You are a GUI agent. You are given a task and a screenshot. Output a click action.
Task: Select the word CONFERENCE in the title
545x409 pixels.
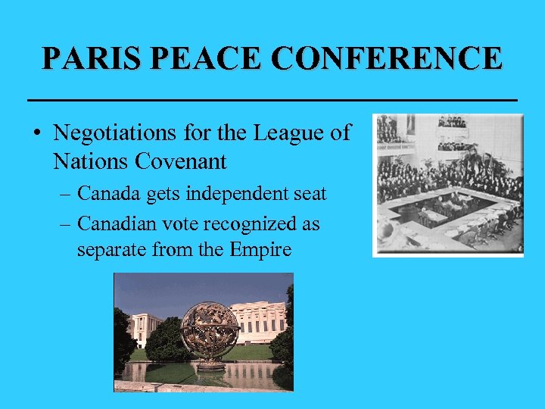click(388, 58)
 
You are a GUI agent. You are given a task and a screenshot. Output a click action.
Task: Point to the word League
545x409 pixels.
click(285, 133)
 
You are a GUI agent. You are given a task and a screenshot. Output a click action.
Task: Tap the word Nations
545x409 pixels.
click(88, 161)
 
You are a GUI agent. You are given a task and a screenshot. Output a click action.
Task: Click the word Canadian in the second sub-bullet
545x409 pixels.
click(116, 224)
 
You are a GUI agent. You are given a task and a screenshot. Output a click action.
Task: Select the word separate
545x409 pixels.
click(108, 249)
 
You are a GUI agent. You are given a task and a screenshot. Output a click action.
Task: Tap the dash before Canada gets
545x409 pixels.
click(66, 195)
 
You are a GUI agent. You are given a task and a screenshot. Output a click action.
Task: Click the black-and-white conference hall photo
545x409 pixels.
click(447, 185)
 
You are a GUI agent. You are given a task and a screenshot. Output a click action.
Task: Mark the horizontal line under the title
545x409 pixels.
click(272, 99)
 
